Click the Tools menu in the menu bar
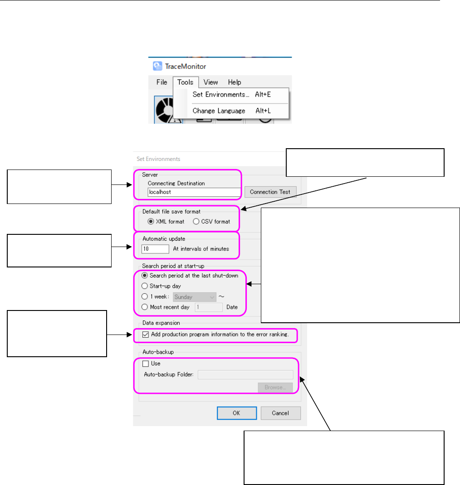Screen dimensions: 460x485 coord(185,82)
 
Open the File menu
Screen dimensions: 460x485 coord(161,82)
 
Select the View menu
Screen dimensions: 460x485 coord(210,82)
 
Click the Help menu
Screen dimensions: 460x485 coord(235,82)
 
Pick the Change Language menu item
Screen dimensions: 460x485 coord(219,111)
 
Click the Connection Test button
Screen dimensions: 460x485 coord(270,192)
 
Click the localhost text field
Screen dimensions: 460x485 coord(194,192)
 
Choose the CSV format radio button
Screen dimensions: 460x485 coord(196,222)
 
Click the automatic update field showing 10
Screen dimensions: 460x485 coord(155,248)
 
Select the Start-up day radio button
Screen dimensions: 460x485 coord(145,286)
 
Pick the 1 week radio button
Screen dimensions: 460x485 coord(145,297)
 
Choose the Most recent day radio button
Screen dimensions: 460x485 coord(145,307)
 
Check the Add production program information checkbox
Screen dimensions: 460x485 coord(145,335)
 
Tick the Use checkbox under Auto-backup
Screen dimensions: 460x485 coord(145,363)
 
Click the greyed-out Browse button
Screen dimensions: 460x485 coord(275,388)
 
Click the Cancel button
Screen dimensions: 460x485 coord(280,413)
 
